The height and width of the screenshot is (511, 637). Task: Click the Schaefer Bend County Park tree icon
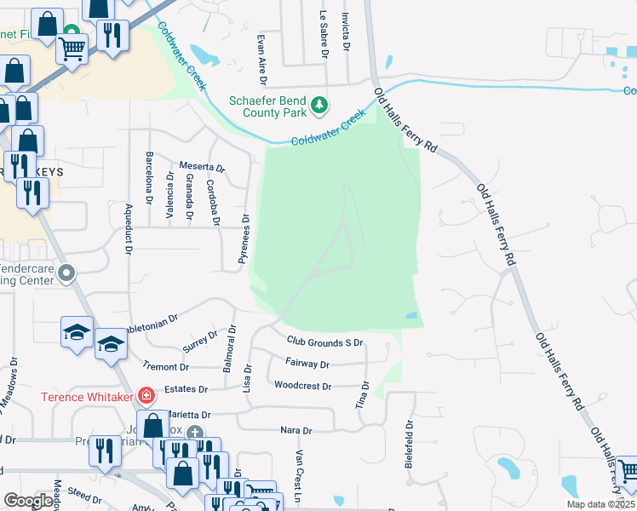point(319,105)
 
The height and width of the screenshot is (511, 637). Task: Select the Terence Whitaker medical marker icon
point(146,395)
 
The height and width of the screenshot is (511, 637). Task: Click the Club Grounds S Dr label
point(325,342)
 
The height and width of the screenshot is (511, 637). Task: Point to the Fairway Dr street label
point(308,364)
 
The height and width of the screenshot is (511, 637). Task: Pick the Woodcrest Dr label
point(302,386)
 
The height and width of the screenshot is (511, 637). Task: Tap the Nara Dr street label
point(296,431)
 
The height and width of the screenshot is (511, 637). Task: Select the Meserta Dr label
point(202,168)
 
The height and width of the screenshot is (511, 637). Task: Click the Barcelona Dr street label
point(149,176)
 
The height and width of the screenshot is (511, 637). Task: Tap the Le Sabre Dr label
point(324,33)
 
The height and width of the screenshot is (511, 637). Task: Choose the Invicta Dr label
point(346,32)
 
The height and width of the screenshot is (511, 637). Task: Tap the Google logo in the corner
point(29,501)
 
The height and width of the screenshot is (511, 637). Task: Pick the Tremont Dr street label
point(167,367)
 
